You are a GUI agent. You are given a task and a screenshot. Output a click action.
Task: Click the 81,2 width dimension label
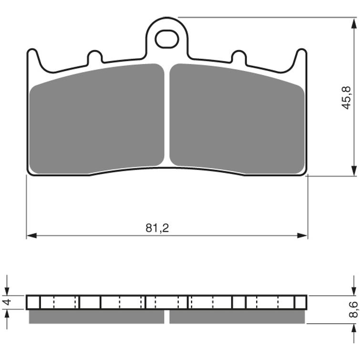[157, 228]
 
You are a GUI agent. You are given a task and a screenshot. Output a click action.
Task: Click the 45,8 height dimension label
[347, 98]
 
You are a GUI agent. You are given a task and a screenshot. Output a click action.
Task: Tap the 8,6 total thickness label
[353, 309]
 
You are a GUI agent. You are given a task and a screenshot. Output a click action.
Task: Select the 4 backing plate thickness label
[8, 302]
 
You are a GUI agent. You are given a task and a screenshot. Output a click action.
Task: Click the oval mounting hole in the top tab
[167, 39]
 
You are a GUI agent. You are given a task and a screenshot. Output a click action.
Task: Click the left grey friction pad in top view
[97, 119]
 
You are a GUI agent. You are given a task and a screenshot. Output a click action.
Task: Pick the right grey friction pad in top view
[237, 119]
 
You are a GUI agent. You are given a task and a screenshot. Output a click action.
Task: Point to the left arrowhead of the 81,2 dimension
[31, 236]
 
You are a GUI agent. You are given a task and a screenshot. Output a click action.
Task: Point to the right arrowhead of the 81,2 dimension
[302, 236]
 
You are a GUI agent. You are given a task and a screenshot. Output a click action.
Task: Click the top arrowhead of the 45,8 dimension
[354, 23]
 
